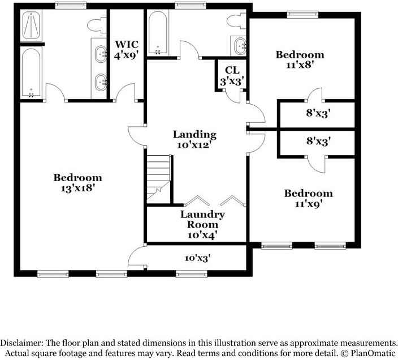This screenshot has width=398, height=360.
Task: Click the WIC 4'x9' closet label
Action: [126, 49]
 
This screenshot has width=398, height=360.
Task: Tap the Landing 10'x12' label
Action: [194, 139]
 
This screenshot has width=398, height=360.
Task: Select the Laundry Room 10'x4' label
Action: [203, 224]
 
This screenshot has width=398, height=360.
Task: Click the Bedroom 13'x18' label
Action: [78, 182]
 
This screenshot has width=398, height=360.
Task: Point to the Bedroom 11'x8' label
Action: [300, 59]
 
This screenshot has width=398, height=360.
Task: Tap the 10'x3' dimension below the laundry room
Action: [197, 258]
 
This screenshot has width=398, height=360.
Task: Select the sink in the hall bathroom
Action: [240, 44]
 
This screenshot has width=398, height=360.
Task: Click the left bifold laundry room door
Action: [196, 202]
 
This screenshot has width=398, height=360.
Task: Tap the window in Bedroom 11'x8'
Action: [301, 14]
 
